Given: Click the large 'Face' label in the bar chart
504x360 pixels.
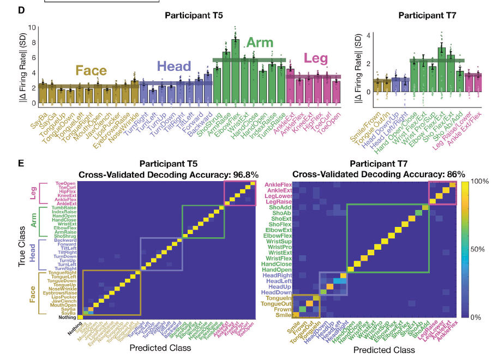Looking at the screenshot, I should click(91, 71).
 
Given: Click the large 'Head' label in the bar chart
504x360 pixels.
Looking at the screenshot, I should click(173, 67).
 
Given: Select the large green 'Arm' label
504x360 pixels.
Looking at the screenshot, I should click(260, 43).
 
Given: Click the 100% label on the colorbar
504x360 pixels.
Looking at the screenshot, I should click(479, 181).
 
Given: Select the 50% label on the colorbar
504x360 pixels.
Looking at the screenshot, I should click(478, 249).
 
